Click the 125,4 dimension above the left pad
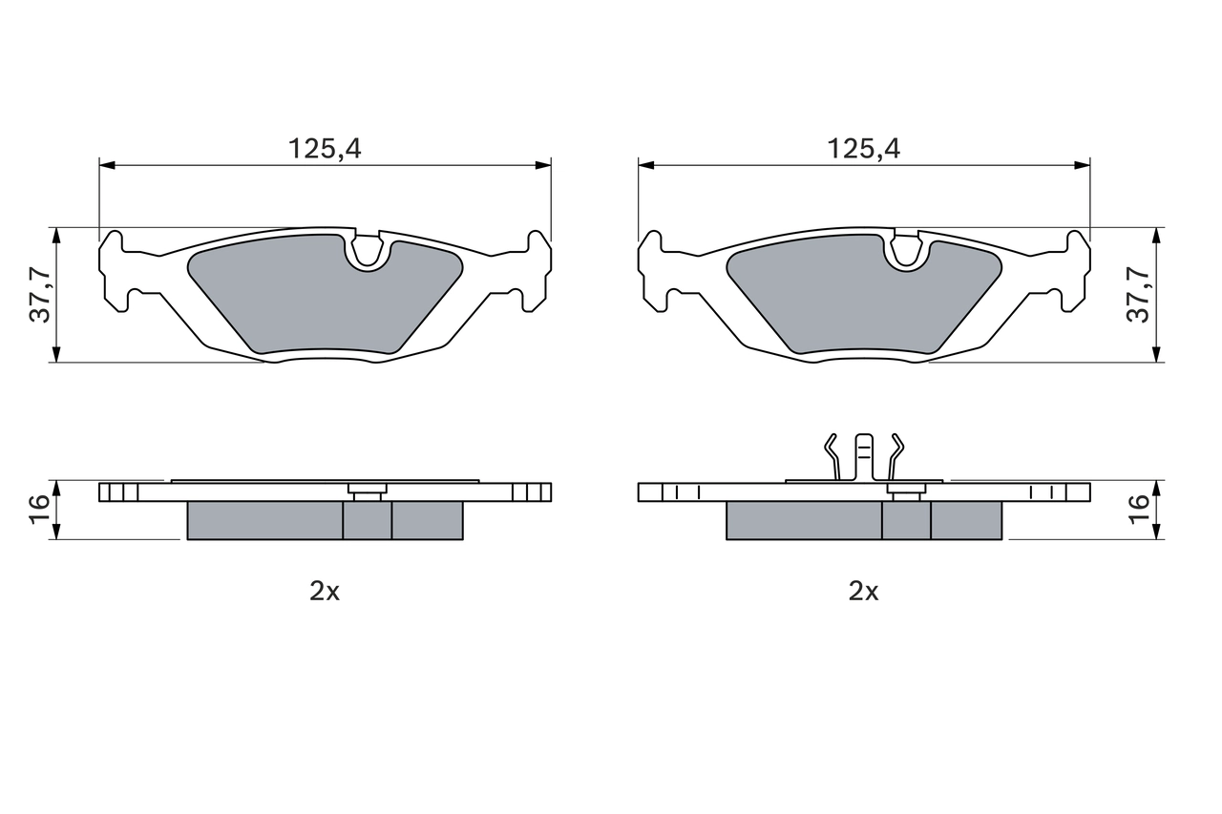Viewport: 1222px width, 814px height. (326, 148)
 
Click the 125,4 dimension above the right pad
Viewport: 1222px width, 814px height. (864, 148)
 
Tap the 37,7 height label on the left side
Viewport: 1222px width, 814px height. (40, 295)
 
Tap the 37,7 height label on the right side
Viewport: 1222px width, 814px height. (1139, 295)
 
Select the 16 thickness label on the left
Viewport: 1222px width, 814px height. (40, 510)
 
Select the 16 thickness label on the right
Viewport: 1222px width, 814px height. (1139, 510)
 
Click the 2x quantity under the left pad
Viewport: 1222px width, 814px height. (325, 592)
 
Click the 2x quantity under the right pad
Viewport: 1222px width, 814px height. (863, 592)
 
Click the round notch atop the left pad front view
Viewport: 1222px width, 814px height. (368, 252)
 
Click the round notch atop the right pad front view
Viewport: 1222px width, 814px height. (906, 252)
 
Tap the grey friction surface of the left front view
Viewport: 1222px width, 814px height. (305, 296)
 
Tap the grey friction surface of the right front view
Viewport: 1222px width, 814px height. (844, 296)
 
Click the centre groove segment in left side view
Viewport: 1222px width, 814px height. (368, 520)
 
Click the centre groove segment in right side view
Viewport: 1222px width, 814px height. (906, 520)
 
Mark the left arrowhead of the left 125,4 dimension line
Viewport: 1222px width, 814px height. (106, 165)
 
